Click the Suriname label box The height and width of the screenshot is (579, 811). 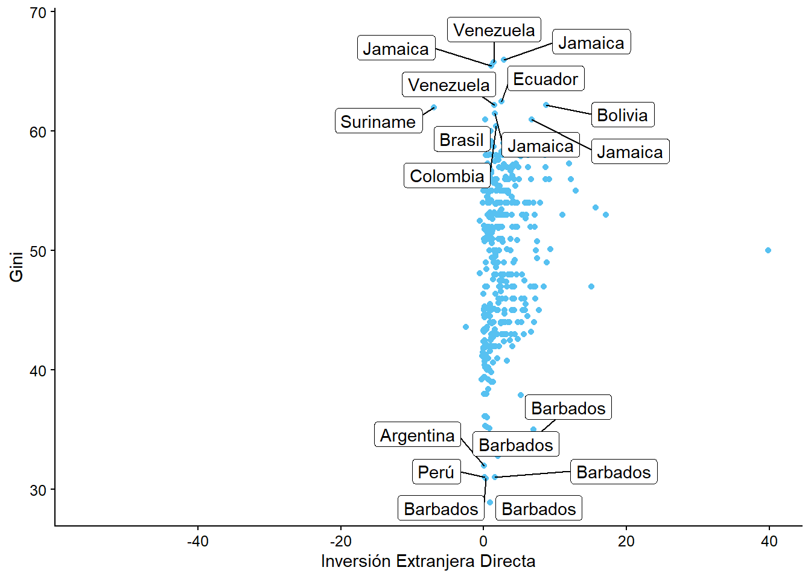coord(378,121)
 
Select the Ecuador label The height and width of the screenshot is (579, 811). coord(545,78)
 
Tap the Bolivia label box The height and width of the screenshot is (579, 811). coord(622,115)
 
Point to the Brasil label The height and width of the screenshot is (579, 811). coord(462,139)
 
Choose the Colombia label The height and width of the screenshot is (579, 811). coord(447,176)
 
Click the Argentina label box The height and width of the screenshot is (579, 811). coord(417,435)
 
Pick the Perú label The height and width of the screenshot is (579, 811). coord(436,472)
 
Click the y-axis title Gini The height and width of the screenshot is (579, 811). coord(16,266)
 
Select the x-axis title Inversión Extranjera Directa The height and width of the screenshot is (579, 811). coord(428,561)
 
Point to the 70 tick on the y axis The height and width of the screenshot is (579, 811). coord(38,13)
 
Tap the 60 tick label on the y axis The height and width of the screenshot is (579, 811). coord(38,131)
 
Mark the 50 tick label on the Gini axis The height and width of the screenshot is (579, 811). coord(38,251)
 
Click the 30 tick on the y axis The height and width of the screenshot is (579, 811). coord(38,490)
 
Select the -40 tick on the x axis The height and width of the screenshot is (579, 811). coord(197,541)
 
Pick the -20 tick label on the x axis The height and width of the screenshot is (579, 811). coord(340,541)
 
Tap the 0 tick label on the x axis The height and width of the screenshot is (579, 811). coord(483,541)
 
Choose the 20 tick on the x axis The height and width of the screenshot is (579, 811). coord(626,541)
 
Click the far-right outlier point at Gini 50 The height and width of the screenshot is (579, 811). coord(768,250)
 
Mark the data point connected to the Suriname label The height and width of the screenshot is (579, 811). coord(434,107)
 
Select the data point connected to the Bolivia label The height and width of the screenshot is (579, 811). coord(546,105)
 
